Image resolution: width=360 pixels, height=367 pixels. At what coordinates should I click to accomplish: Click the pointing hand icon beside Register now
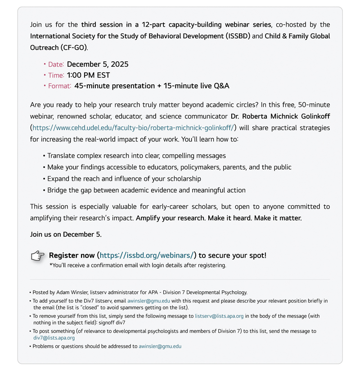point(38,256)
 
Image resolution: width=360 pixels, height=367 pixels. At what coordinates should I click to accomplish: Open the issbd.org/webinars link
point(147,255)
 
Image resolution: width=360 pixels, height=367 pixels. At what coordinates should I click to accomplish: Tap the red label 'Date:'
point(56,64)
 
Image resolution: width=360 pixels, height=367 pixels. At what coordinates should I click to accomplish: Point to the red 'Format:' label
point(59,86)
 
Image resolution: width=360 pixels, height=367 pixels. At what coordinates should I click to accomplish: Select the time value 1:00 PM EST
point(88,75)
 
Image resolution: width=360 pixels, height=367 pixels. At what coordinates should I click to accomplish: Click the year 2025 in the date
point(119,64)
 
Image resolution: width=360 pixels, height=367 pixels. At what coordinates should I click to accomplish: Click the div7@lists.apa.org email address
point(54,337)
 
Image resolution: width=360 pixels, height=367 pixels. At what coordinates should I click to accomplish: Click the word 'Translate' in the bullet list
point(63,156)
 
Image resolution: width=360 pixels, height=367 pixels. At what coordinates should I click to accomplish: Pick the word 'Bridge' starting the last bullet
point(58,190)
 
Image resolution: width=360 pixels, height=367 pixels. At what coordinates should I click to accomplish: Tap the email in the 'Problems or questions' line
point(160,346)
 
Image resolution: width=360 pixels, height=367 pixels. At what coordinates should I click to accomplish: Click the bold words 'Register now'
point(71,255)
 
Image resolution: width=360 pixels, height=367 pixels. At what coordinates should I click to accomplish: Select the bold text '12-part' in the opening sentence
point(159,24)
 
